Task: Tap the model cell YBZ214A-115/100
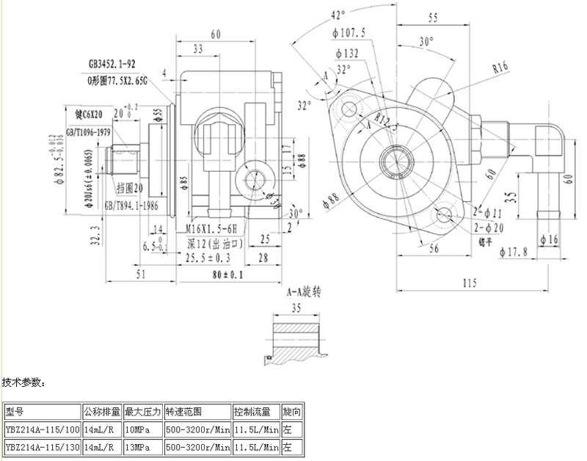click(42, 429)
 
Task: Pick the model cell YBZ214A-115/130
click(42, 446)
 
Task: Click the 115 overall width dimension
click(470, 282)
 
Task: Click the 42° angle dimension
click(338, 15)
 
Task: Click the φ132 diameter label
click(346, 53)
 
